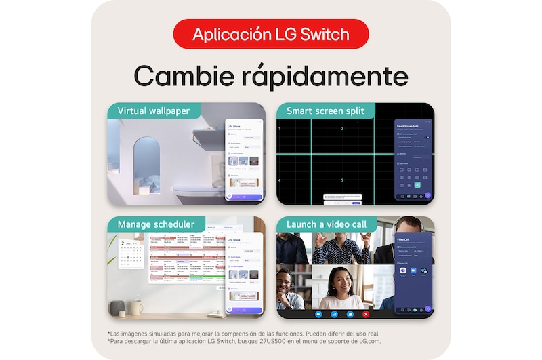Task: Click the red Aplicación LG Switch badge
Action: [271, 34]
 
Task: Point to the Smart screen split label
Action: [325, 111]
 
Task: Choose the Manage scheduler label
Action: [157, 224]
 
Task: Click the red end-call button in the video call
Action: [366, 314]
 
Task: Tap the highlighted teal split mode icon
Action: [417, 184]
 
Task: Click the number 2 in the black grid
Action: [342, 129]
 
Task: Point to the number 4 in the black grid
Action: [280, 180]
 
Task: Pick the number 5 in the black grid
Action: [342, 180]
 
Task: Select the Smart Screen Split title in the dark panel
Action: [409, 127]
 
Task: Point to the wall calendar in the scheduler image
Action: [130, 254]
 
